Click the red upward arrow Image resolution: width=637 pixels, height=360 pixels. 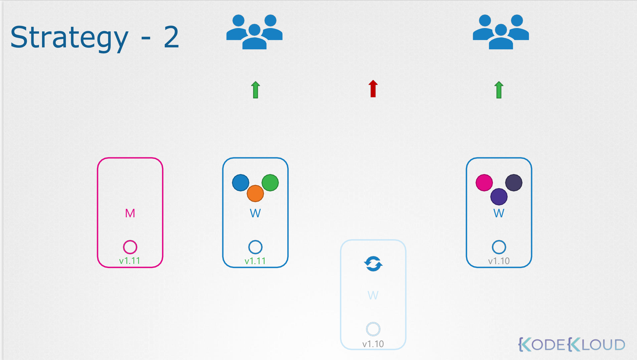(x=373, y=89)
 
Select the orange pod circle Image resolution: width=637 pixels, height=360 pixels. (x=255, y=193)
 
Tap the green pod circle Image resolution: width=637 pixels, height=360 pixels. (x=270, y=183)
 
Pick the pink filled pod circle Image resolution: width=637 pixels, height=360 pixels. (x=484, y=183)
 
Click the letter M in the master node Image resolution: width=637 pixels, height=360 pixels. (x=130, y=213)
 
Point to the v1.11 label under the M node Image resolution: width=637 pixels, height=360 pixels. (x=129, y=261)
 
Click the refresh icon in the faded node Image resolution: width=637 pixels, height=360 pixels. (x=373, y=264)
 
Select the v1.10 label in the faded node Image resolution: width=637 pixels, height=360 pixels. (x=373, y=344)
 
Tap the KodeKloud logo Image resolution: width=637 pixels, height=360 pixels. (x=572, y=345)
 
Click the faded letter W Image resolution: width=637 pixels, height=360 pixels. (x=373, y=295)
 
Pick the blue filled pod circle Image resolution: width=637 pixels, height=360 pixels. (x=240, y=183)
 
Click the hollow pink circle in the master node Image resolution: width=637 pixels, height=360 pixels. (x=130, y=247)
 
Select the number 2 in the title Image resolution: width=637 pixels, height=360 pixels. (x=171, y=37)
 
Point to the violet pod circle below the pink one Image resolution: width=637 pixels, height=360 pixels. (x=499, y=197)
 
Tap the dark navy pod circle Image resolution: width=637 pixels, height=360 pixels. (x=514, y=183)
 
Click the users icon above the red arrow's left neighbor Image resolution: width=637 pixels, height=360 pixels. (x=254, y=32)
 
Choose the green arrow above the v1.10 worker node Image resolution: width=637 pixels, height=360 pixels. (x=499, y=90)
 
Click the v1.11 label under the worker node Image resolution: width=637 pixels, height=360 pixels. (x=255, y=261)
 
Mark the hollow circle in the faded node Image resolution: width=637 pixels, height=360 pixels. (x=373, y=329)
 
